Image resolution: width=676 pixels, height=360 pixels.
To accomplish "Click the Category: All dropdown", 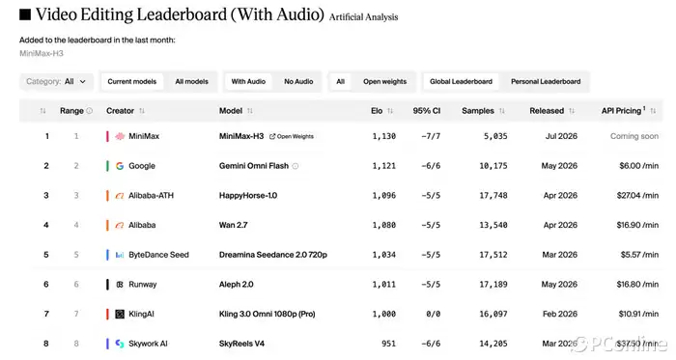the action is [56, 81].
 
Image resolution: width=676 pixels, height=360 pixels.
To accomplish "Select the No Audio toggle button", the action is [298, 81].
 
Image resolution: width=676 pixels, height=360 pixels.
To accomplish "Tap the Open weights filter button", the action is [384, 81].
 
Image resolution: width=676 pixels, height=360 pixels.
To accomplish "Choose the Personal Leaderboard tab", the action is [546, 81].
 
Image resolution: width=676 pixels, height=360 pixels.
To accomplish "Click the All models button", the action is [191, 81].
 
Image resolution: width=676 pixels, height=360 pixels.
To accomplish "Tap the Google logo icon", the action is [120, 166].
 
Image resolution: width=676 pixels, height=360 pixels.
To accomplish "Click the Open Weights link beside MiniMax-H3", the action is [292, 136].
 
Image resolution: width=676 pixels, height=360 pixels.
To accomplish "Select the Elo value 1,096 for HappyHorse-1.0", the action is [383, 196].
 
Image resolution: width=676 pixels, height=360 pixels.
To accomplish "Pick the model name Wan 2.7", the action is [234, 225].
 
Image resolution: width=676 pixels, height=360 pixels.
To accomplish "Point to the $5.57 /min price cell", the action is [639, 255].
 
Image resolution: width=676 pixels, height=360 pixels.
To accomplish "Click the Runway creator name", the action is [143, 285].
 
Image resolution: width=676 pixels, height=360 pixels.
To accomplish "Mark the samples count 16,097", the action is [493, 315].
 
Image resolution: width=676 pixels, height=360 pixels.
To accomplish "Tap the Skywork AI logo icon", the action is [120, 344].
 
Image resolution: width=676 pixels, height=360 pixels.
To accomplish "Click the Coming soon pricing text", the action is [634, 136].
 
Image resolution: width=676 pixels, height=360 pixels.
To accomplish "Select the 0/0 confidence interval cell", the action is [433, 315].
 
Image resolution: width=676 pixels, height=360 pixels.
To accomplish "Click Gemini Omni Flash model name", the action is [253, 166].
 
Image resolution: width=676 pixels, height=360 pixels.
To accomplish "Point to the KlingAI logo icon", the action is [120, 315].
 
